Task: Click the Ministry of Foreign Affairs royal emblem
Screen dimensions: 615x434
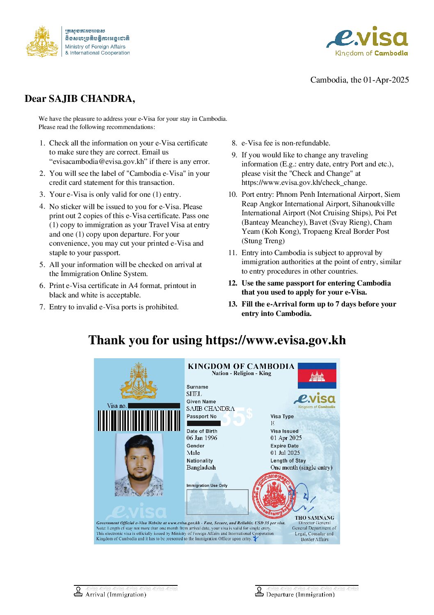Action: [x=42, y=41]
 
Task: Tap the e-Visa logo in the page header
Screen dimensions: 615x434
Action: [x=367, y=41]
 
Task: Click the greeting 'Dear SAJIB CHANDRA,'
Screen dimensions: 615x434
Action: [x=80, y=99]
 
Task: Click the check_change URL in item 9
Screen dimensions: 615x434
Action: [x=304, y=182]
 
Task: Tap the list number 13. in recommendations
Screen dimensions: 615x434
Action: [x=233, y=304]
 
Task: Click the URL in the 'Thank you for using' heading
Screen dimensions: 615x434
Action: [x=275, y=340]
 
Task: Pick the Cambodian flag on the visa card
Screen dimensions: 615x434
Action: [x=317, y=375]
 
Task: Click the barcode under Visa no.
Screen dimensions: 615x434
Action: [x=139, y=420]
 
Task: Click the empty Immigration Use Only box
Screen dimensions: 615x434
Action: [x=217, y=502]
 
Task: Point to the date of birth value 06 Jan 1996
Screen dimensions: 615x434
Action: [x=202, y=438]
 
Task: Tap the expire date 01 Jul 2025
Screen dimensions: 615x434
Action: [x=285, y=453]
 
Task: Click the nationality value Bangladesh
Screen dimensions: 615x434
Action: [x=201, y=468]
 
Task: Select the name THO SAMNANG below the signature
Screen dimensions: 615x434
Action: [x=314, y=518]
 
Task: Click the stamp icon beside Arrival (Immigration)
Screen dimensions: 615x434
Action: [x=78, y=592]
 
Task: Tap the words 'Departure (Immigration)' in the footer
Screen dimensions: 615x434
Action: [x=300, y=594]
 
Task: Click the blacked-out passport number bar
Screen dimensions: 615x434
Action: [x=203, y=423]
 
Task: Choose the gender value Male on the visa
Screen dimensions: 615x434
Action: [x=193, y=453]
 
